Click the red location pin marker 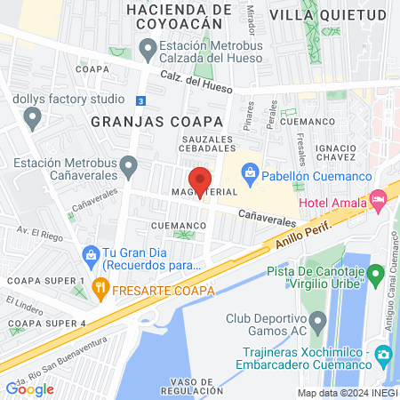pyautogui.click(x=201, y=181)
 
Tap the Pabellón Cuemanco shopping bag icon pyautogui.click(x=251, y=171)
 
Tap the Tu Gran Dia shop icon pyautogui.click(x=90, y=254)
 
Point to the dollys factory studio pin pyautogui.click(x=33, y=116)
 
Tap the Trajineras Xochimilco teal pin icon pyautogui.click(x=383, y=355)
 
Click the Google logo pyautogui.click(x=29, y=388)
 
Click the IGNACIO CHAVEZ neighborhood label pyautogui.click(x=359, y=151)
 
